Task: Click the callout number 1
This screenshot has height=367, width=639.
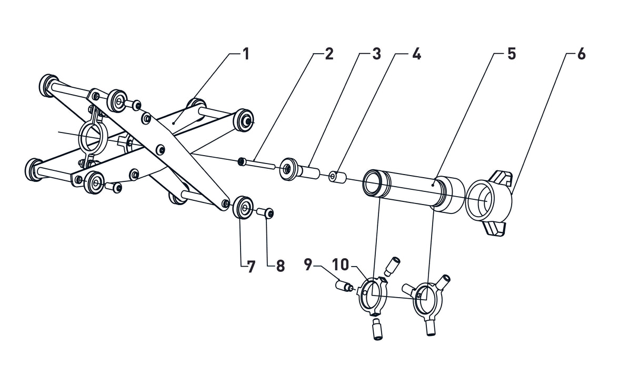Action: pyautogui.click(x=246, y=54)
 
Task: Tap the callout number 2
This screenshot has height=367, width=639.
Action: pyautogui.click(x=329, y=54)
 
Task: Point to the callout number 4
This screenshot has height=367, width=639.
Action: pyautogui.click(x=416, y=54)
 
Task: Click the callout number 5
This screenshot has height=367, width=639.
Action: pyautogui.click(x=511, y=54)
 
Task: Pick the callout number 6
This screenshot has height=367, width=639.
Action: pyautogui.click(x=581, y=54)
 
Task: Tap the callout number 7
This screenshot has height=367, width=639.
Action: pyautogui.click(x=251, y=267)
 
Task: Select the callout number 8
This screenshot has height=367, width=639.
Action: pyautogui.click(x=280, y=267)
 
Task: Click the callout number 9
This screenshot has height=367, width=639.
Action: pyautogui.click(x=308, y=263)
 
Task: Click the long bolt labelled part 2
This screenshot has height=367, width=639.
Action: pyautogui.click(x=257, y=164)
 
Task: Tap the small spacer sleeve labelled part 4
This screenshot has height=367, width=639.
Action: pyautogui.click(x=337, y=177)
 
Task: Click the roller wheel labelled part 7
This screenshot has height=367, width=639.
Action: pyautogui.click(x=243, y=207)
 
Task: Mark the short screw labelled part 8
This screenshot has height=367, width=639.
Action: pyautogui.click(x=266, y=212)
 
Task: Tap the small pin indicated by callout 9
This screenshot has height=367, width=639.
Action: pyautogui.click(x=344, y=287)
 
